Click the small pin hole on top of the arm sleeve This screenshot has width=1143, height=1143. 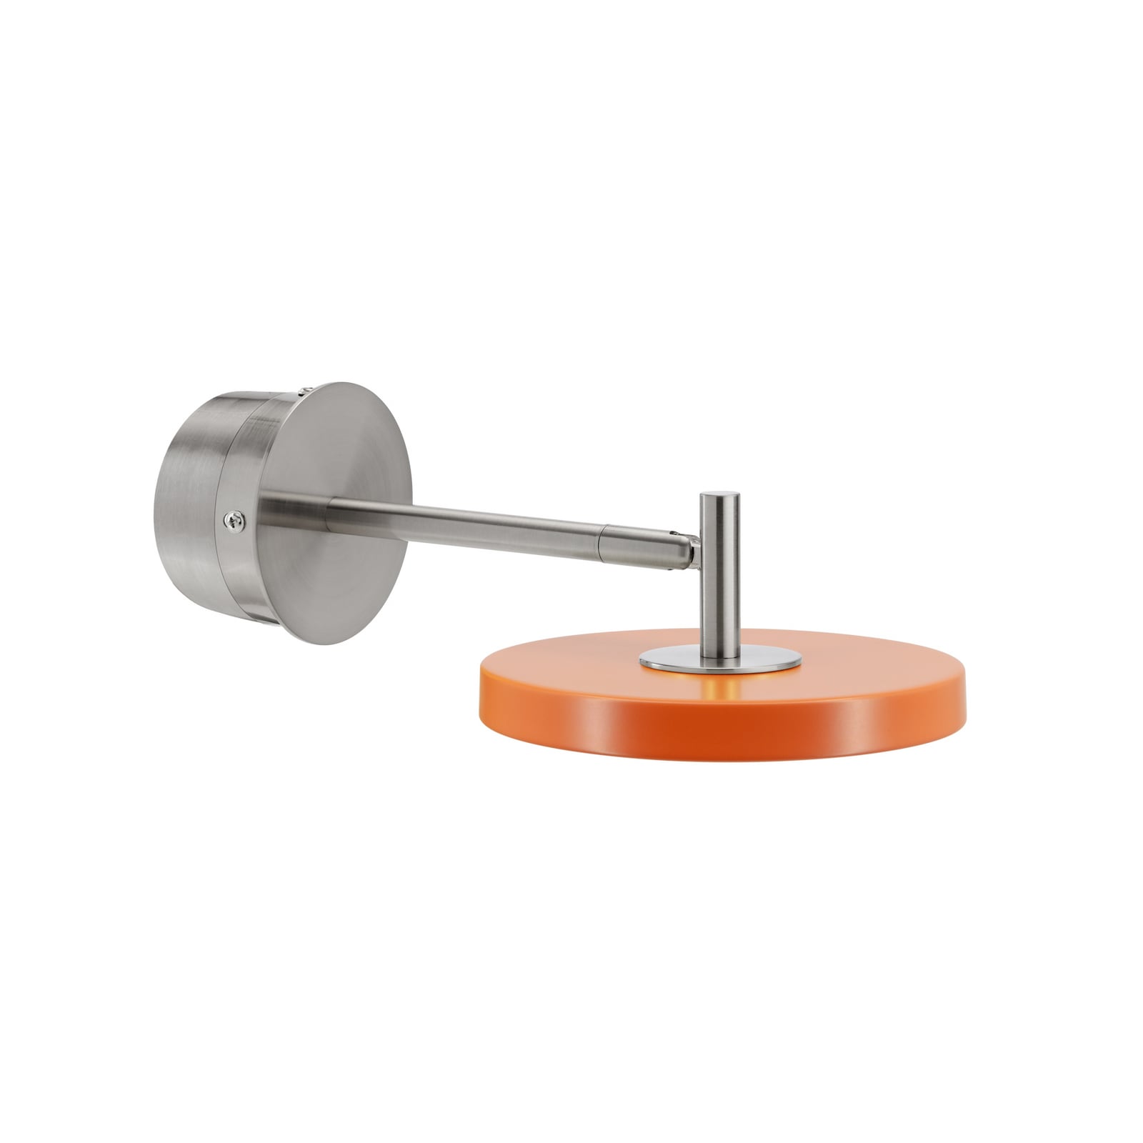pyautogui.click(x=672, y=532)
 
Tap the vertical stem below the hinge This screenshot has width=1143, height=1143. pyautogui.click(x=719, y=607)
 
